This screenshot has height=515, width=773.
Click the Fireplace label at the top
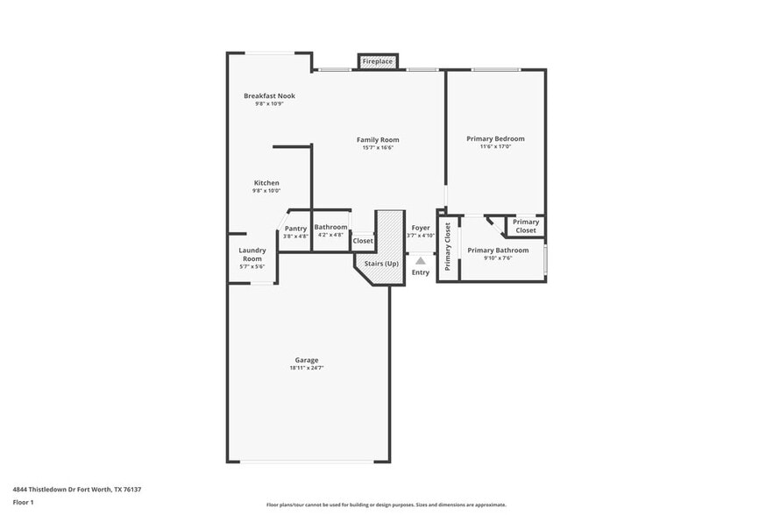click(x=379, y=62)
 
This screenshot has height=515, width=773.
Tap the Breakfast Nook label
click(x=269, y=95)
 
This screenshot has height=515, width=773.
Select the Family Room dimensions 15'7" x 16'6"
click(x=378, y=148)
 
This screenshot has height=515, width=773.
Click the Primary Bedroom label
click(x=495, y=138)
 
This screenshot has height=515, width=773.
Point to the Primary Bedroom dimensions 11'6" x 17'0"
click(x=495, y=147)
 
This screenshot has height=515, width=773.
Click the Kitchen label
click(x=266, y=183)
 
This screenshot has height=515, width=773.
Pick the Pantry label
click(x=295, y=228)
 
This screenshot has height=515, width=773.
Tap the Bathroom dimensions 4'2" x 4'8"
click(x=330, y=236)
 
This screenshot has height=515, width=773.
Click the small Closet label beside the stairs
click(x=363, y=241)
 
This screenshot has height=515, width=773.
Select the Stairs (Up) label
click(x=381, y=263)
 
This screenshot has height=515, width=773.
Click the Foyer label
click(x=421, y=228)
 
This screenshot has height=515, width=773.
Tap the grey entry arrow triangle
click(x=421, y=260)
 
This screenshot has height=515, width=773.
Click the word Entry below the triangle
click(x=421, y=272)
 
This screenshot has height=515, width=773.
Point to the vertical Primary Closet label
click(x=448, y=246)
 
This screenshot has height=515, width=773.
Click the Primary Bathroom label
click(x=498, y=250)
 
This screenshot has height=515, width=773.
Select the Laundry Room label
click(x=252, y=254)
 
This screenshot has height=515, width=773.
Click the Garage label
click(x=307, y=360)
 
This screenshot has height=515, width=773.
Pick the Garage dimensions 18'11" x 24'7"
click(x=307, y=368)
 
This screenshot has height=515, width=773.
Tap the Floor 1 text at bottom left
click(x=23, y=503)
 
